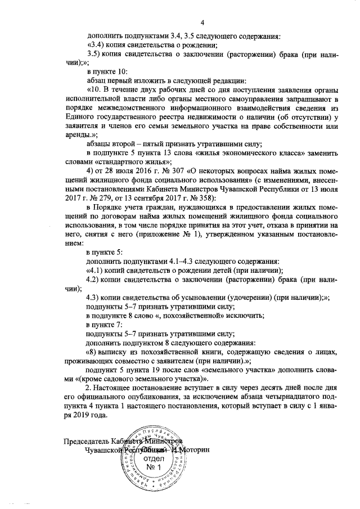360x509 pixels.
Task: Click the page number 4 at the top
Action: point(179,21)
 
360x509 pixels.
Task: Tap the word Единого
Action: point(78,118)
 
